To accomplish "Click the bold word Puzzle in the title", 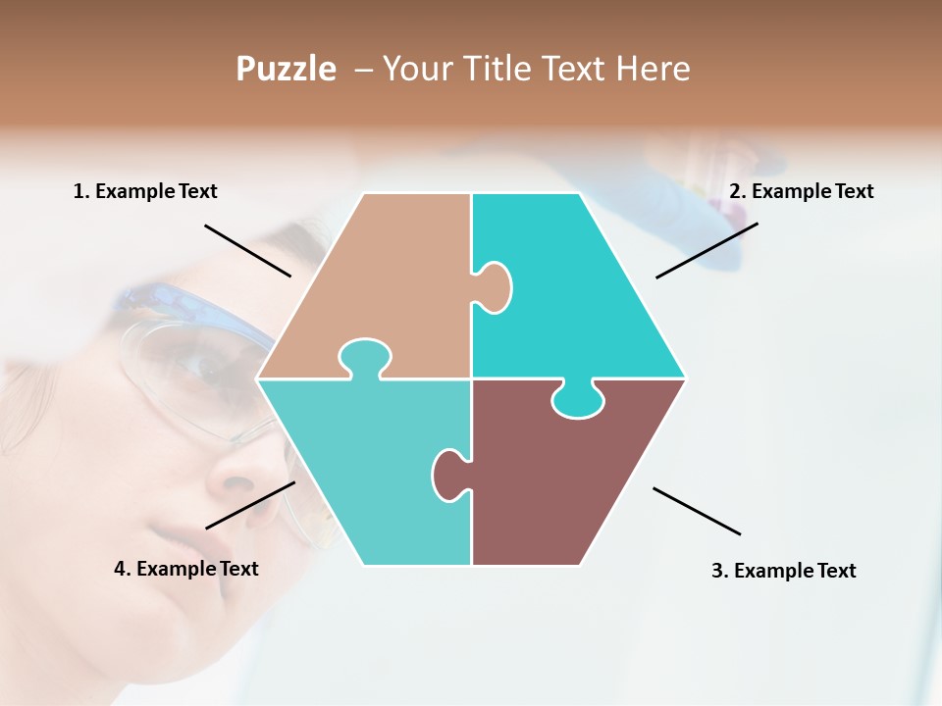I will click(x=286, y=69).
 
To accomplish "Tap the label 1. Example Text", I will click(x=145, y=191).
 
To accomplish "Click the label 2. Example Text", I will click(x=801, y=191).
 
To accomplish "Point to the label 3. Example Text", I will click(x=783, y=570).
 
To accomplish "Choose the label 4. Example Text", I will click(x=186, y=568).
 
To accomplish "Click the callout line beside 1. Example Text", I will click(x=247, y=250).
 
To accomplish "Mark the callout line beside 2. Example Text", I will click(x=706, y=250).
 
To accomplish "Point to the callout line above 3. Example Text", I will click(x=697, y=511).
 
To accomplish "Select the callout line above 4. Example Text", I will click(x=250, y=504).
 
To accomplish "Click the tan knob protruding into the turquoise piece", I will click(x=494, y=286).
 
